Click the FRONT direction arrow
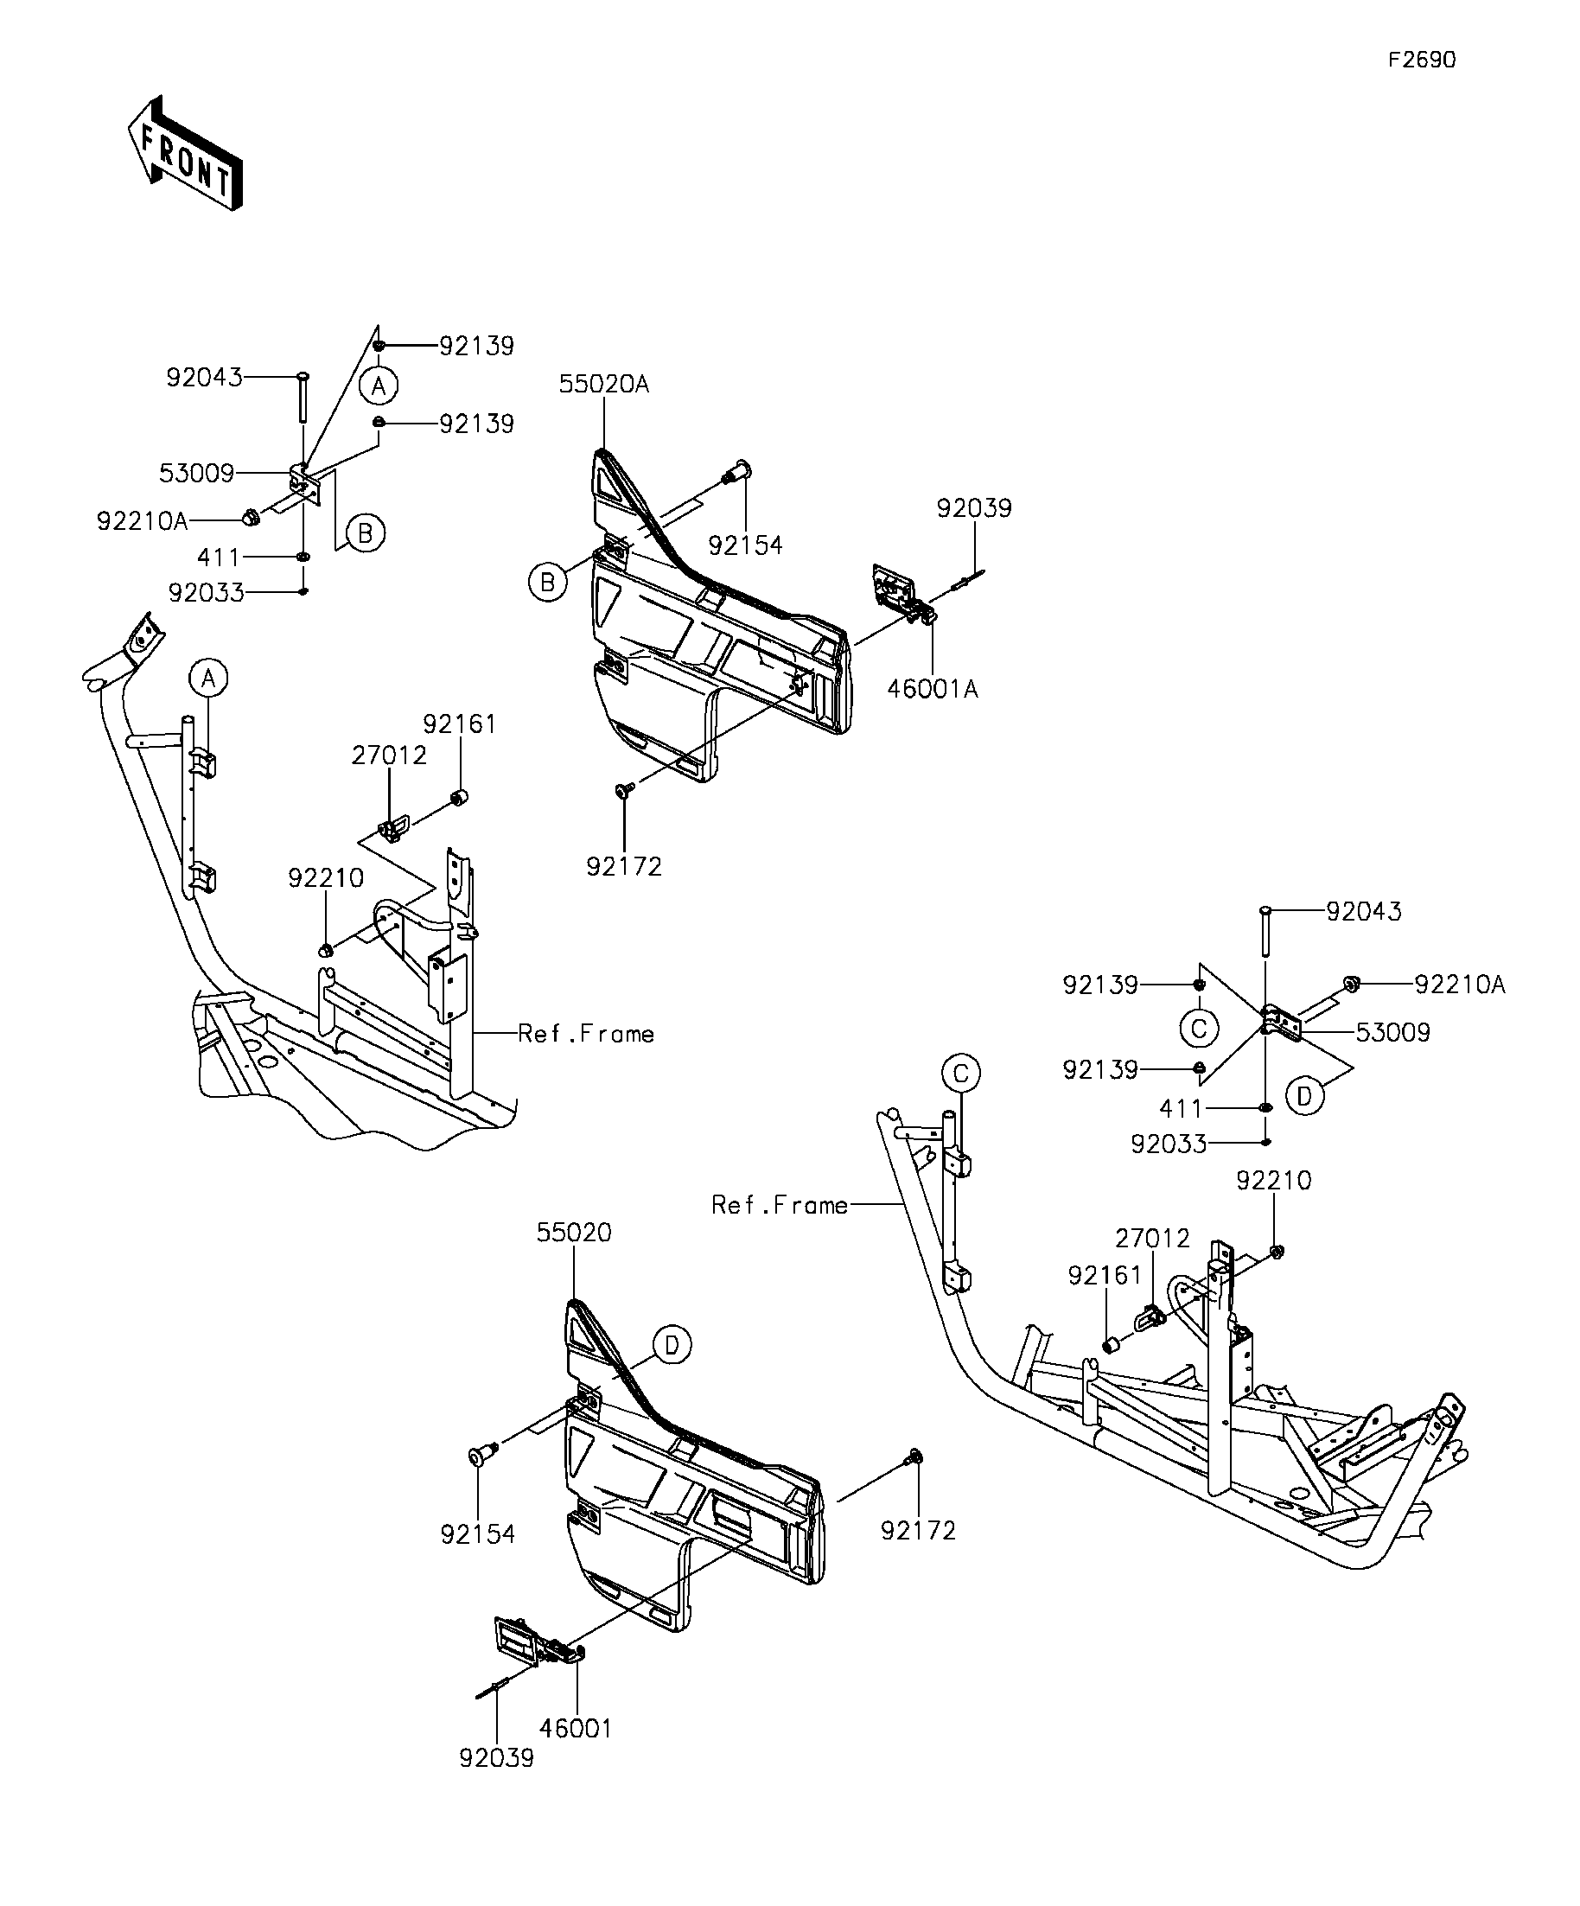pyautogui.click(x=185, y=153)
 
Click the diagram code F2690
pyautogui.click(x=1422, y=60)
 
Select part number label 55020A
pyautogui.click(x=604, y=384)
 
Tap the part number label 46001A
pyautogui.click(x=933, y=690)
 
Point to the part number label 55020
pyautogui.click(x=575, y=1233)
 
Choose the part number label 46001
pyautogui.click(x=577, y=1728)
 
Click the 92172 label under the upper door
pyautogui.click(x=624, y=867)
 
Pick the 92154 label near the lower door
pyautogui.click(x=478, y=1533)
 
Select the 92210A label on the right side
pyautogui.click(x=1460, y=984)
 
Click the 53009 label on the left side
pyautogui.click(x=197, y=473)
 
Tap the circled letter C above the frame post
pyautogui.click(x=961, y=1074)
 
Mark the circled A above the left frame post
pyautogui.click(x=208, y=678)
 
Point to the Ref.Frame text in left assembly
pyautogui.click(x=586, y=1034)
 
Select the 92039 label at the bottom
pyautogui.click(x=497, y=1783)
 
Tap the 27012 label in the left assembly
pyautogui.click(x=389, y=755)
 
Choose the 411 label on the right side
pyautogui.click(x=1181, y=1108)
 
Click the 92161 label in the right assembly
pyautogui.click(x=1105, y=1275)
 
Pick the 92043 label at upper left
pyautogui.click(x=204, y=377)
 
